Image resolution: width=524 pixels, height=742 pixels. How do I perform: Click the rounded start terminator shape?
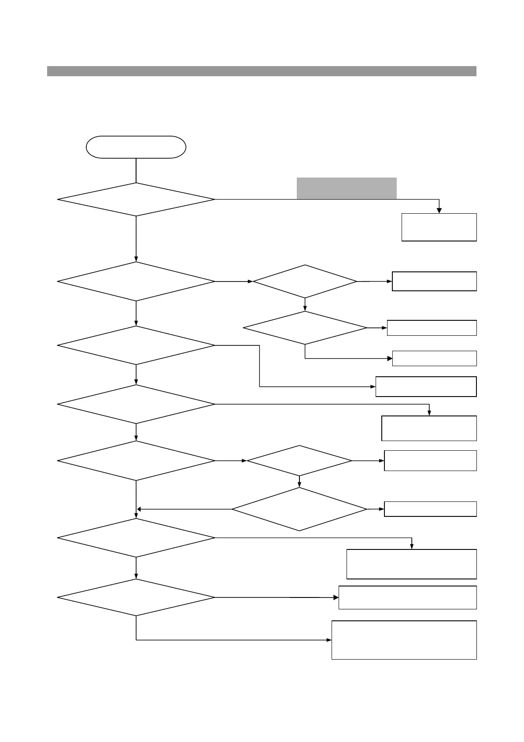pyautogui.click(x=136, y=147)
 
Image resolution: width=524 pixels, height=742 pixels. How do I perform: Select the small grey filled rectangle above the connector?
pyautogui.click(x=347, y=188)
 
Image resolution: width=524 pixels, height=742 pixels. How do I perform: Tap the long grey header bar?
pyautogui.click(x=262, y=71)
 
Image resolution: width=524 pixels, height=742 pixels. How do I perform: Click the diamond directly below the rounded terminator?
pyautogui.click(x=136, y=200)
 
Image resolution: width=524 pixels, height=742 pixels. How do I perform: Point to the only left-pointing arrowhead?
pyautogui.click(x=139, y=509)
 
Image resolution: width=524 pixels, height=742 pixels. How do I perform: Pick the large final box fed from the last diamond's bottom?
pyautogui.click(x=404, y=640)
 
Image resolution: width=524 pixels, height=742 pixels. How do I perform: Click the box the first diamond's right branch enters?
pyautogui.click(x=439, y=227)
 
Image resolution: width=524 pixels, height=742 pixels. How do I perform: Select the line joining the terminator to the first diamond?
pyautogui.click(x=136, y=170)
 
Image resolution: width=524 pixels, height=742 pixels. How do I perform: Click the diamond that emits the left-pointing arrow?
pyautogui.click(x=299, y=509)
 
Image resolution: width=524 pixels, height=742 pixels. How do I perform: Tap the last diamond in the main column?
pyautogui.click(x=136, y=597)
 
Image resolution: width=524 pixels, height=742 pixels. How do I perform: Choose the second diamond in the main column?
pyautogui.click(x=136, y=282)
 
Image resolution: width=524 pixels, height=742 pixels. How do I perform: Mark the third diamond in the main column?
pyautogui.click(x=136, y=345)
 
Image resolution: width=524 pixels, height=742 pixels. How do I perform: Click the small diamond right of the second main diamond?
pyautogui.click(x=305, y=282)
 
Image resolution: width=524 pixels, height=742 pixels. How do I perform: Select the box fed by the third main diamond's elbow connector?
pyautogui.click(x=426, y=387)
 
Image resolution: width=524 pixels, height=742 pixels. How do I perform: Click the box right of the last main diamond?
pyautogui.click(x=407, y=597)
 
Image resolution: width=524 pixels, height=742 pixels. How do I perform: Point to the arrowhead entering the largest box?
pyautogui.click(x=329, y=640)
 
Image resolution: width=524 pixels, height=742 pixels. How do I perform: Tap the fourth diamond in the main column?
pyautogui.click(x=136, y=404)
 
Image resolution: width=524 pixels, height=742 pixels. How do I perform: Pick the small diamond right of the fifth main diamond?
pyautogui.click(x=299, y=461)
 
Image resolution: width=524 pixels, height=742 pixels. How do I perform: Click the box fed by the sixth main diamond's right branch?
pyautogui.click(x=411, y=564)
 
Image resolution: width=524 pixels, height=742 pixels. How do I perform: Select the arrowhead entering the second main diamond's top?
pyautogui.click(x=136, y=259)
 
